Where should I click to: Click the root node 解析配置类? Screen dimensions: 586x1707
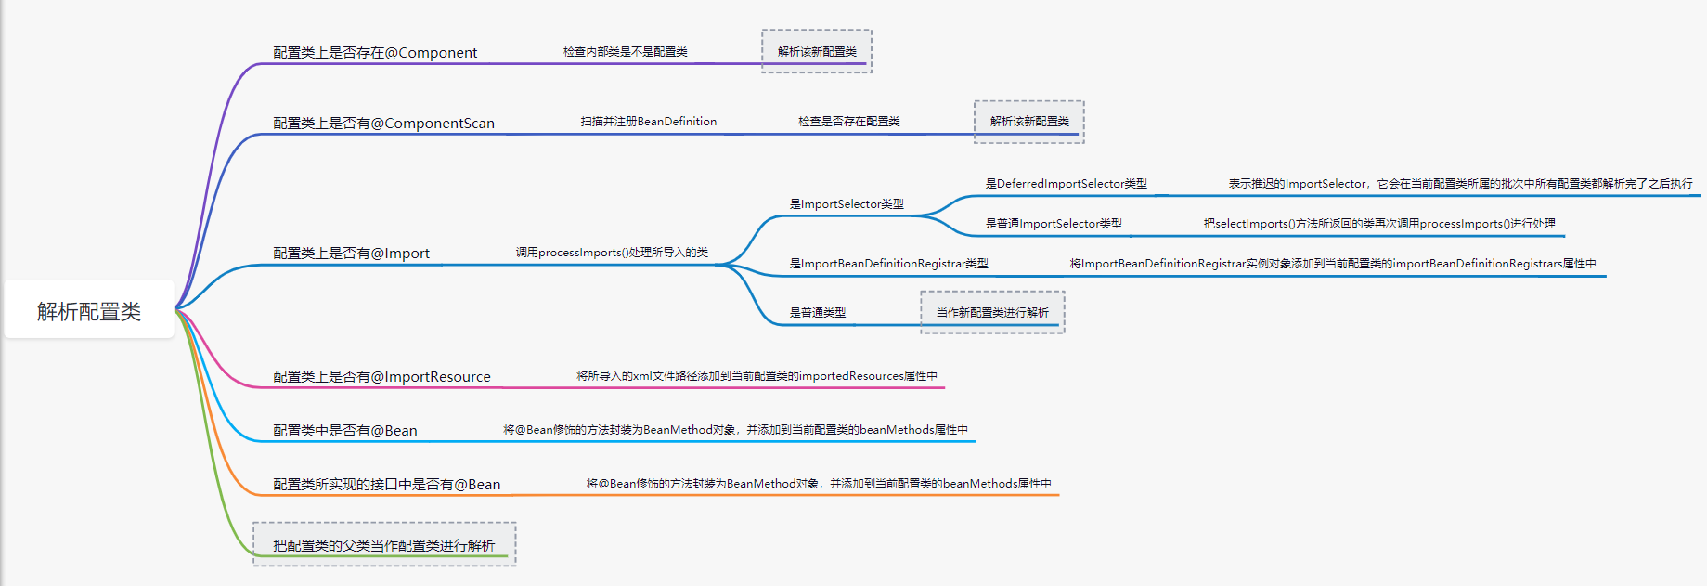89,311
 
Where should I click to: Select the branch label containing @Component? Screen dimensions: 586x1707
375,53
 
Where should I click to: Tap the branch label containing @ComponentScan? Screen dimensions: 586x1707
383,124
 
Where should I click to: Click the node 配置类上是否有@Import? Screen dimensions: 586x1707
351,254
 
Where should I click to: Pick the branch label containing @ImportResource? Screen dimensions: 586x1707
381,377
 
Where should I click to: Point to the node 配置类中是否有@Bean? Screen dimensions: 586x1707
344,431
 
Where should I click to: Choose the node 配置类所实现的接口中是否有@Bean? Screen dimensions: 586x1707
386,485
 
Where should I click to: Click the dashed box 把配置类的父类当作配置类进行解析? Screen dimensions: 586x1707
383,545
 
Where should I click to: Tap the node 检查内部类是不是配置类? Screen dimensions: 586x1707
625,52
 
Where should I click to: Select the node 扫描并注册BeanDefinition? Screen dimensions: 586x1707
648,122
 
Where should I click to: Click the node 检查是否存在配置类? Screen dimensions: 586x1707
848,122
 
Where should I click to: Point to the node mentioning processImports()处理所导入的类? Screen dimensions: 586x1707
612,253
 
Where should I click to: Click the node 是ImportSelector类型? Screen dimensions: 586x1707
846,204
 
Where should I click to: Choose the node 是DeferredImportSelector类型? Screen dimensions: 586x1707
1066,184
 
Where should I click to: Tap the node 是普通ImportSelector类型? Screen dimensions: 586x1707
1053,224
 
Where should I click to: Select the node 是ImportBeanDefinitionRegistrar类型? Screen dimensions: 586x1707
888,264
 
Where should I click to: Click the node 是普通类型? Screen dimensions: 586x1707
817,313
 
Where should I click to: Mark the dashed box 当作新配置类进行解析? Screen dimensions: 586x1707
992,313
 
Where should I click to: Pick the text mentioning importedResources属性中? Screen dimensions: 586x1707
757,376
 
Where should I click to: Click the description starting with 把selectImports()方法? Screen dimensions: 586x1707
1378,224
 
